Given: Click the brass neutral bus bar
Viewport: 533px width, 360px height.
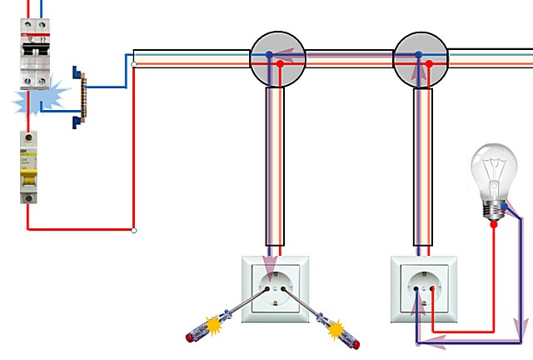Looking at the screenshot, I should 82,97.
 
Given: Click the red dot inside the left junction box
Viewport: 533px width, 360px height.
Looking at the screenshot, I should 281,63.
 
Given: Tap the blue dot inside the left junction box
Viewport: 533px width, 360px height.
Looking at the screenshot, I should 268,55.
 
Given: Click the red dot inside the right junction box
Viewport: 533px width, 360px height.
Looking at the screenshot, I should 431,63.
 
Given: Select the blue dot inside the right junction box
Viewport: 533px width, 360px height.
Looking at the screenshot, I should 418,55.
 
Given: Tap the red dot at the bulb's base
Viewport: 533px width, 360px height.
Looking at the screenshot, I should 494,222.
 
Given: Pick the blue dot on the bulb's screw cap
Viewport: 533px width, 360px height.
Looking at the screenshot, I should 504,206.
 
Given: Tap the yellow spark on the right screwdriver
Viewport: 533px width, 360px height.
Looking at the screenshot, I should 336,331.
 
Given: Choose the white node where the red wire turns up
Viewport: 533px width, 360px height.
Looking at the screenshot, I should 134,230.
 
